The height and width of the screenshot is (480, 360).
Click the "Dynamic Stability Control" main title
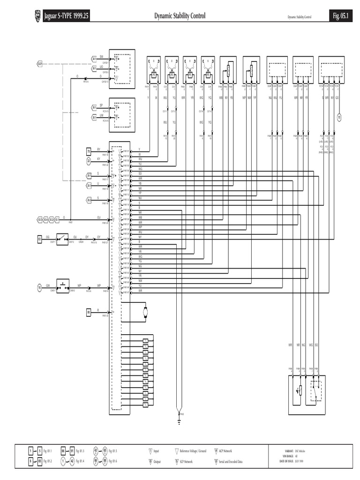click(x=180, y=17)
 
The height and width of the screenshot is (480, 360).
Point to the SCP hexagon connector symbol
click(x=40, y=63)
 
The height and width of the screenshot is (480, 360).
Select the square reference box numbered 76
click(x=88, y=151)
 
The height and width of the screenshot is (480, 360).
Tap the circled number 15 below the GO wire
click(x=338, y=117)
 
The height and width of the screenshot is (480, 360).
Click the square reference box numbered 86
click(x=88, y=312)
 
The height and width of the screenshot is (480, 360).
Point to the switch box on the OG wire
click(x=61, y=239)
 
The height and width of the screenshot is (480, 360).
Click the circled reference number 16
click(x=40, y=287)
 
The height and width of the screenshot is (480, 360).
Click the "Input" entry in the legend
click(x=156, y=451)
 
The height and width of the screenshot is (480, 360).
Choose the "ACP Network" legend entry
click(x=227, y=451)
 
